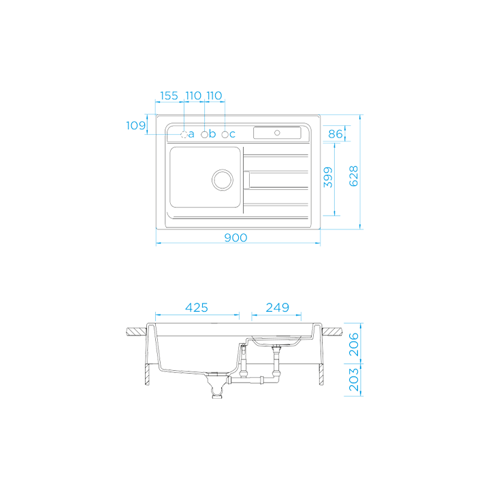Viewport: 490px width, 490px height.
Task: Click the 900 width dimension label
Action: [235, 238]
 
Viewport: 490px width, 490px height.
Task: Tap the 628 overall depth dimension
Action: [353, 176]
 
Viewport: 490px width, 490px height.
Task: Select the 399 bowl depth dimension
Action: [328, 178]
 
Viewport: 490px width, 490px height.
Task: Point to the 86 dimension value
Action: [336, 134]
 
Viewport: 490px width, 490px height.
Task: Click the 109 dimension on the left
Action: [136, 126]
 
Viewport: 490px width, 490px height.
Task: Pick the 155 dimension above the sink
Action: [169, 96]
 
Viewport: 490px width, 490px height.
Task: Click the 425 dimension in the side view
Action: [197, 308]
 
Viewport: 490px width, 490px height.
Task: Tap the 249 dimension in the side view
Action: [278, 308]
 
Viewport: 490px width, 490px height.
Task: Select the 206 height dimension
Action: [353, 344]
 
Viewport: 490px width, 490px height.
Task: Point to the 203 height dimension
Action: [353, 380]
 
